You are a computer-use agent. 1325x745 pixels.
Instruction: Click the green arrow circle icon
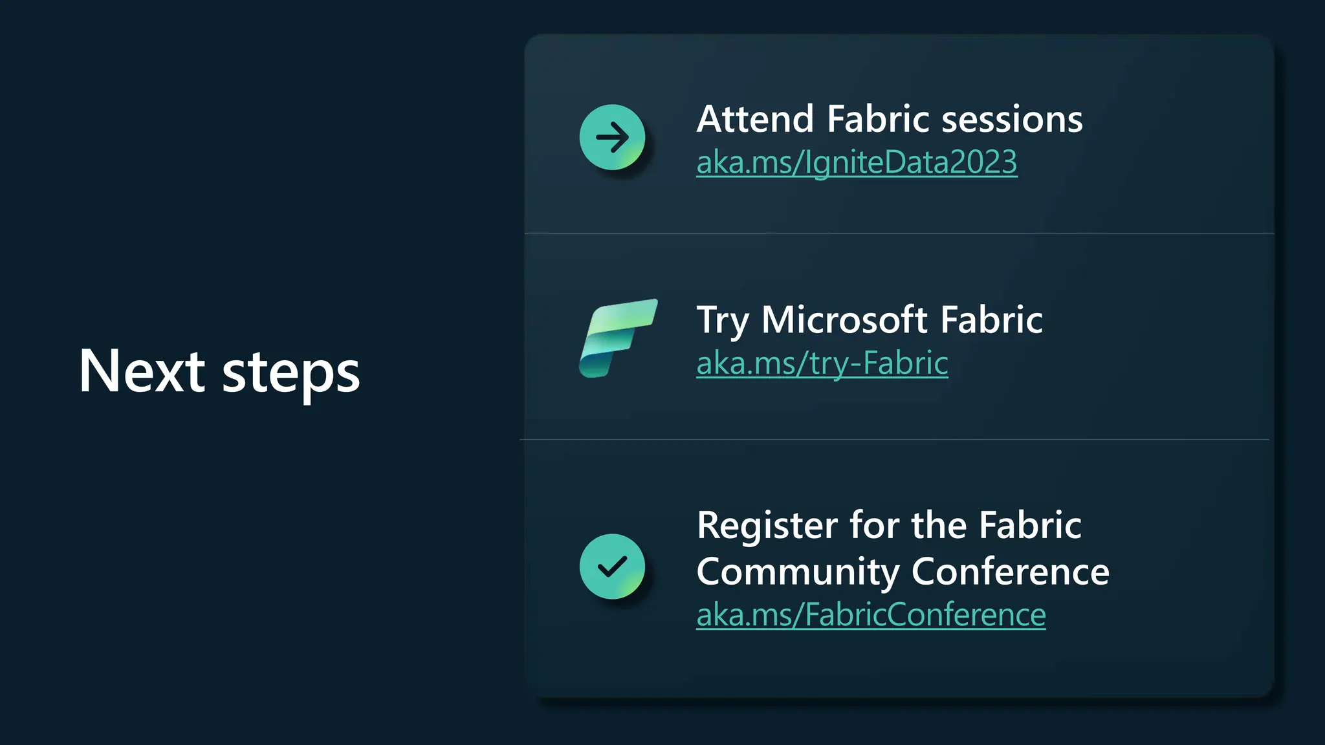(612, 137)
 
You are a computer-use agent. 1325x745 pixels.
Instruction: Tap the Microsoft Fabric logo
(618, 338)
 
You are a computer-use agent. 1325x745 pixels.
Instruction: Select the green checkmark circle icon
(612, 567)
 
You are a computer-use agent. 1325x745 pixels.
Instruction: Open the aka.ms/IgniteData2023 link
(857, 162)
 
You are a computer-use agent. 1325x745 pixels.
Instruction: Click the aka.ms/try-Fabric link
(822, 363)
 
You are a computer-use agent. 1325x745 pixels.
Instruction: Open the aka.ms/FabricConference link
(871, 614)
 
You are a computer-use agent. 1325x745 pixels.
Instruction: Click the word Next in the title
(142, 371)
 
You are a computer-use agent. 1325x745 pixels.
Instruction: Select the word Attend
(754, 120)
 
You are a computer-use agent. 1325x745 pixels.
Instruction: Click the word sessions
(1012, 120)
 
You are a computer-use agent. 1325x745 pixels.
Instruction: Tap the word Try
(722, 321)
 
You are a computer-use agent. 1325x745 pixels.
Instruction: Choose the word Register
(767, 526)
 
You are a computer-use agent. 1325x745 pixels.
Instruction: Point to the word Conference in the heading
(1010, 572)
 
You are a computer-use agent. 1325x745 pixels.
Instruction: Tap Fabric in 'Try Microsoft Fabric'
(991, 319)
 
